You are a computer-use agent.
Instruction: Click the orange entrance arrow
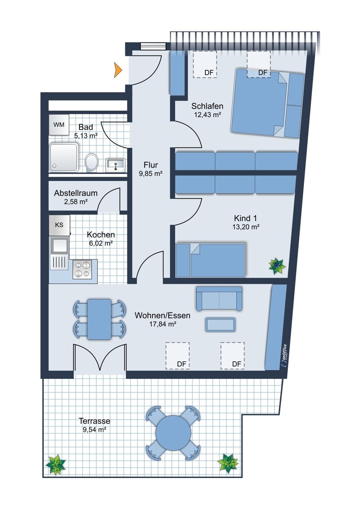(x=118, y=70)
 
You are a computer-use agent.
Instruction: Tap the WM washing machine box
(x=59, y=125)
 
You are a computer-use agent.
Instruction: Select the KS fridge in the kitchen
(x=59, y=225)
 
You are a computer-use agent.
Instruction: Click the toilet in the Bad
(x=92, y=163)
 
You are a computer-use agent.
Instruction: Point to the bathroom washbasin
(x=115, y=165)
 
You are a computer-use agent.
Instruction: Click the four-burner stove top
(x=82, y=269)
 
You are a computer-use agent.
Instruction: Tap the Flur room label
(x=151, y=165)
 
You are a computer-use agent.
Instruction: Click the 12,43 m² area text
(x=208, y=115)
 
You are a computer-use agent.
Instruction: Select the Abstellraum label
(x=76, y=193)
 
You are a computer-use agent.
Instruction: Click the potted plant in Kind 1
(x=277, y=266)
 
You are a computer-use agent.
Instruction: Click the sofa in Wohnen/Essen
(x=219, y=299)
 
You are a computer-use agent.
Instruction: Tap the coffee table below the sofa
(x=220, y=325)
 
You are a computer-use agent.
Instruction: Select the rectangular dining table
(x=99, y=319)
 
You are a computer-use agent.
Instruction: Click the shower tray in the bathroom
(x=64, y=157)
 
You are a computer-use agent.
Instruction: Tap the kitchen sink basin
(x=59, y=245)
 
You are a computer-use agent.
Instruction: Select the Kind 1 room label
(x=245, y=218)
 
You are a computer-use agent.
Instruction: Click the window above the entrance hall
(x=153, y=46)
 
